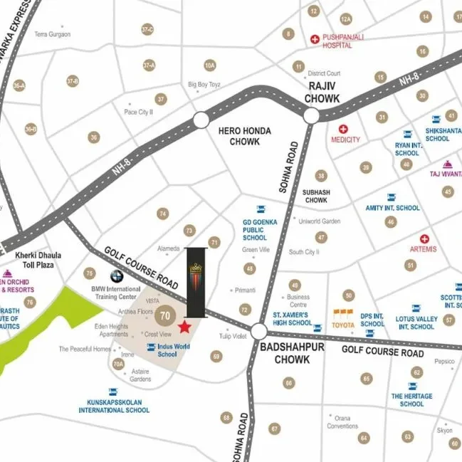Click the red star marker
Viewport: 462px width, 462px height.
point(184,327)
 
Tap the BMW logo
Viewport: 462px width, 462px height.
point(115,278)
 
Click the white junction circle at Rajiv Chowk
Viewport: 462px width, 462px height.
point(311,116)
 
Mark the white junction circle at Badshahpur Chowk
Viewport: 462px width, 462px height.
point(258,332)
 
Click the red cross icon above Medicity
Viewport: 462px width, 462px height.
point(343,130)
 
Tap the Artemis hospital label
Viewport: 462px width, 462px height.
point(424,249)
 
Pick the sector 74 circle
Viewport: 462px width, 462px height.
point(163,214)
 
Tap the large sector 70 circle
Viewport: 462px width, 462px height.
point(165,314)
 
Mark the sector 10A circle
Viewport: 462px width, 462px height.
point(209,65)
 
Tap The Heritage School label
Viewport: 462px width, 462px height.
point(411,399)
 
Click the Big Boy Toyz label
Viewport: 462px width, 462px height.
point(204,85)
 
